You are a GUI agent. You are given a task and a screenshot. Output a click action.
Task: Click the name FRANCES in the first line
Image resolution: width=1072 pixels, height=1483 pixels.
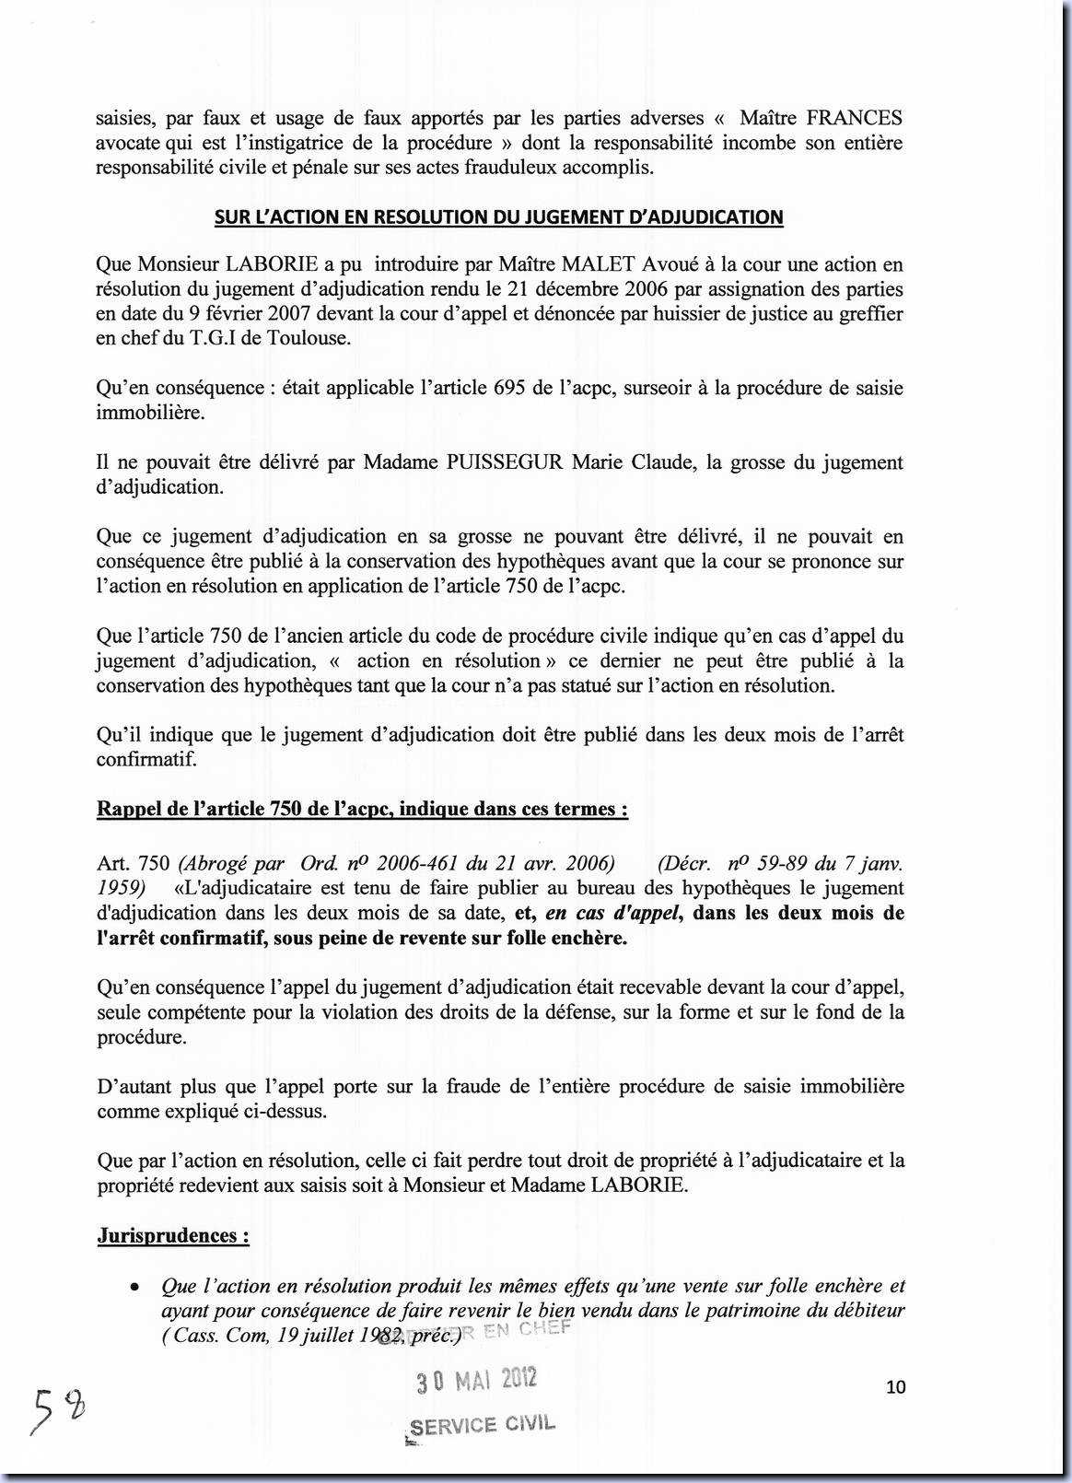854,118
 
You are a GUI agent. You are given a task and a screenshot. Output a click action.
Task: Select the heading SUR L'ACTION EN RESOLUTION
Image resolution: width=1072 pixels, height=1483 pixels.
498,217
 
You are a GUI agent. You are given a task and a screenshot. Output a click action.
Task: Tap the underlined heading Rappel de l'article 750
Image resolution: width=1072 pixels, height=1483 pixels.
363,810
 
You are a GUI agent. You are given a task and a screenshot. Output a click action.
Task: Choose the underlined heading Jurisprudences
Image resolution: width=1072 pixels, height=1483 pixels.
173,1235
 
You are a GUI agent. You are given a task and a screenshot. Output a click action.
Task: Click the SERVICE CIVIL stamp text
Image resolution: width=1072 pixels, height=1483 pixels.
483,1425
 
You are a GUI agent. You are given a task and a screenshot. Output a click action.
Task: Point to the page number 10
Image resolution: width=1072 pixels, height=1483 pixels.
895,1386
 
